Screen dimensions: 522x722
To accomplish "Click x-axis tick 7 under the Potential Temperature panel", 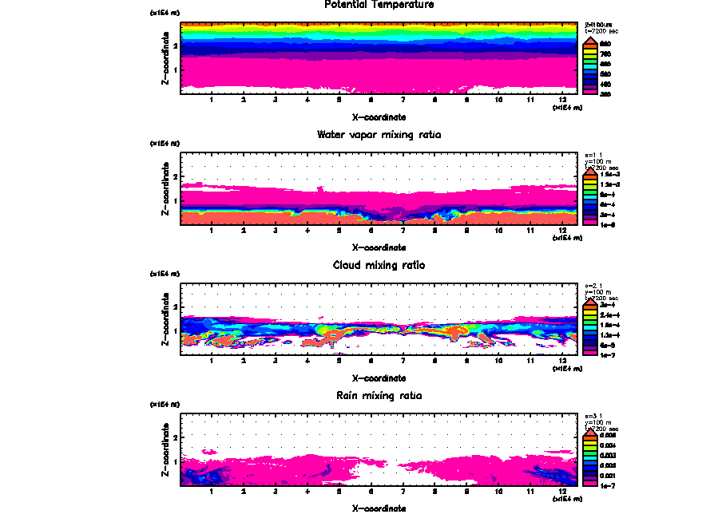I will click(x=403, y=100).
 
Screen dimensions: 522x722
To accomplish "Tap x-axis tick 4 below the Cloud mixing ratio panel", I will click(x=307, y=361).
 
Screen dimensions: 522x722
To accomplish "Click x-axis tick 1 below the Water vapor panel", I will click(x=212, y=231).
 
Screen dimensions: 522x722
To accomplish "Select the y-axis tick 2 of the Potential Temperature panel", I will click(x=175, y=45).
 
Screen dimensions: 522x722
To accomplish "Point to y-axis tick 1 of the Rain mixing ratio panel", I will click(x=175, y=461).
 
